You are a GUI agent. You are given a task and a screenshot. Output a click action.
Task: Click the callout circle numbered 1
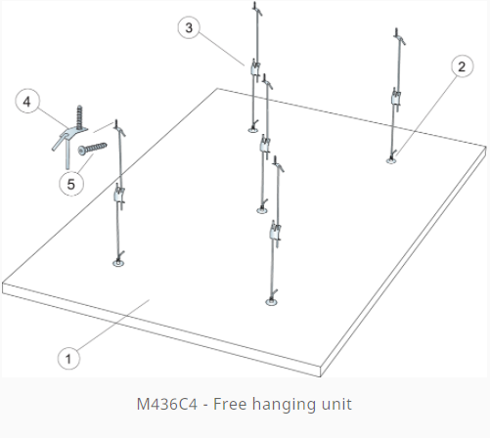(68, 359)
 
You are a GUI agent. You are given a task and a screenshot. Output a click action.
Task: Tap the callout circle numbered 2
(462, 66)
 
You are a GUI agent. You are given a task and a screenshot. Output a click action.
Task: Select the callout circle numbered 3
(189, 27)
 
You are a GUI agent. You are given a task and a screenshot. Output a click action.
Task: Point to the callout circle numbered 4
(27, 102)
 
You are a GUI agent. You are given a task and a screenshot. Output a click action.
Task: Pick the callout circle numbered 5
(71, 184)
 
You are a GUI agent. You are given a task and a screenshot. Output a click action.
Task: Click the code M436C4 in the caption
(167, 404)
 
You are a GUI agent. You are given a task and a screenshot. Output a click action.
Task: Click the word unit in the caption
(336, 404)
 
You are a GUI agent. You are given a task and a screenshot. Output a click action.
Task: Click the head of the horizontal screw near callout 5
(82, 151)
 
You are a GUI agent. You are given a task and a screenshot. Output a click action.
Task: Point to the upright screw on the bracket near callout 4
(79, 117)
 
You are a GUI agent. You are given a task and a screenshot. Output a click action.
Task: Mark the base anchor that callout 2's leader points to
(391, 160)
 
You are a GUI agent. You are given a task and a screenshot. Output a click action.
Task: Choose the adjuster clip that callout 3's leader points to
(255, 68)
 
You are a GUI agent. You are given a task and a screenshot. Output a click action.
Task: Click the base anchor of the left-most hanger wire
(118, 263)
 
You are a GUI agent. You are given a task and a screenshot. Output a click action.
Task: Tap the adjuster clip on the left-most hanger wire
(119, 196)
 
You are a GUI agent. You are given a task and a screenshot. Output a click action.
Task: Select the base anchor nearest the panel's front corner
(271, 302)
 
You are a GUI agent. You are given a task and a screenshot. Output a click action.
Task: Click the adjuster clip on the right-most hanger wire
(395, 98)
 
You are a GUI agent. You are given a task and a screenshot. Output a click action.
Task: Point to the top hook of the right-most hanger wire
(400, 37)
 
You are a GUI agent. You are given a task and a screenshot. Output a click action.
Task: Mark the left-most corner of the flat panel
(3, 283)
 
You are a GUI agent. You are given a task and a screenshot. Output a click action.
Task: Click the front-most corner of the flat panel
(321, 375)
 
